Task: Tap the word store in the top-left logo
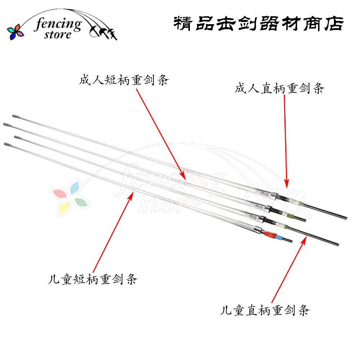click(58, 35)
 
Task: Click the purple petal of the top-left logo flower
click(20, 34)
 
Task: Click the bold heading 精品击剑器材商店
click(258, 24)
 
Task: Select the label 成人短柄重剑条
click(124, 80)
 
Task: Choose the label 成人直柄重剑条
click(279, 88)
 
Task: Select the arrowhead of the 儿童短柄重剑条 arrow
click(132, 194)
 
